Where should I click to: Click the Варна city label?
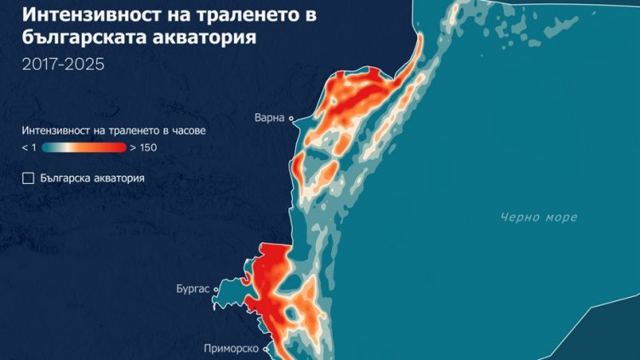269,117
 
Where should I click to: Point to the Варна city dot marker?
291,118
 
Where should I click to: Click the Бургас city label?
191,289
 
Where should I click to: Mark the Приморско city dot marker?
267,348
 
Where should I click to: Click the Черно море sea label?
538,217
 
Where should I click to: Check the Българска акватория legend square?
28,178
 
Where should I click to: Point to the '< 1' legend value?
29,147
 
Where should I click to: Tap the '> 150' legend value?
143,147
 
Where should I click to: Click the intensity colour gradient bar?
83,147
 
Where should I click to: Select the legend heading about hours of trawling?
114,131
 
